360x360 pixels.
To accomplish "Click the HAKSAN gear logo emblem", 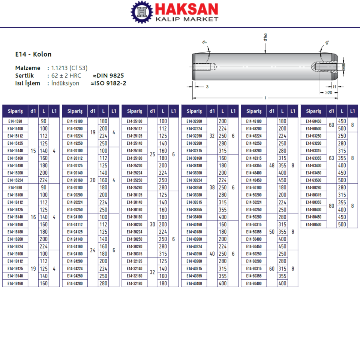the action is (142, 12).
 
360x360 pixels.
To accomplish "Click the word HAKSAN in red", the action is (187, 9).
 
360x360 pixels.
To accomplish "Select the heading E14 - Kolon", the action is (33, 54).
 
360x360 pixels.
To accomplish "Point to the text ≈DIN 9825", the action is (108, 75).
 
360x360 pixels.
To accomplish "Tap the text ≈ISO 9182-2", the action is (108, 83).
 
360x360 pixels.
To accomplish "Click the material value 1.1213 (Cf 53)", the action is (69, 68).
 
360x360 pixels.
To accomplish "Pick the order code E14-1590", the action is (15, 121).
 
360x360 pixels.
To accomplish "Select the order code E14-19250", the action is (75, 143).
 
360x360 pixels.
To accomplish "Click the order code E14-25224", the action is (135, 173).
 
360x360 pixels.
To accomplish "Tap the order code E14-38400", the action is (194, 217).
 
